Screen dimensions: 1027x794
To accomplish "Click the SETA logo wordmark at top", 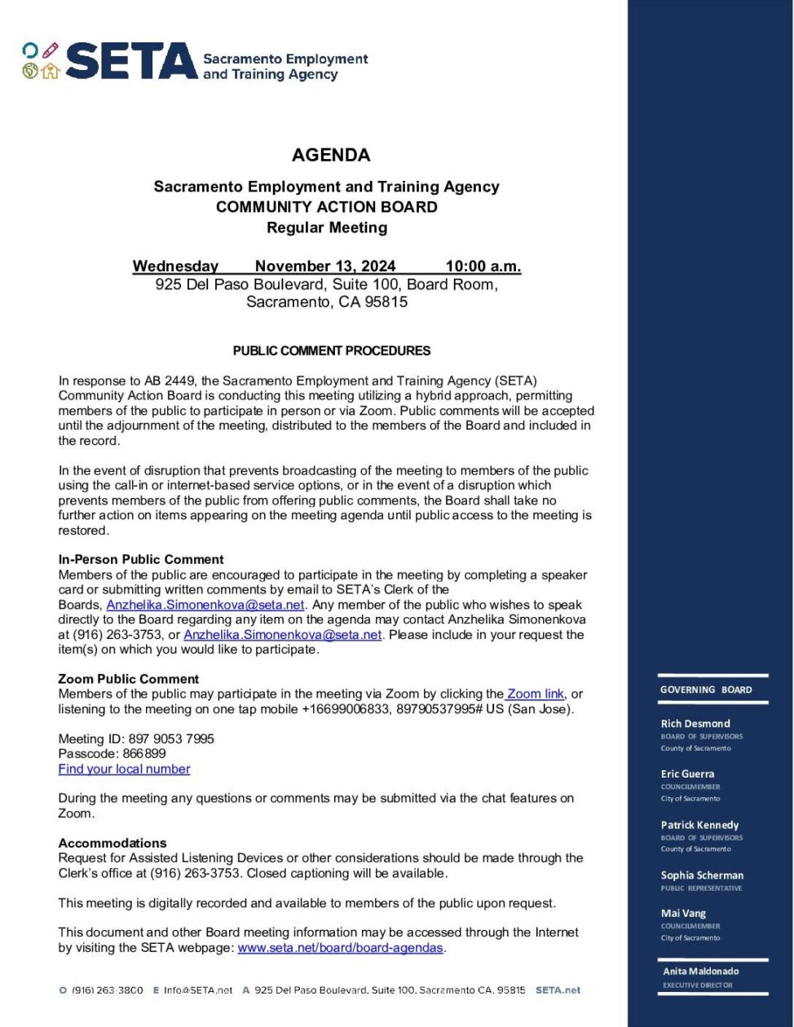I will pos(131,62).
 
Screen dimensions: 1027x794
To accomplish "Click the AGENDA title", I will pos(331,155).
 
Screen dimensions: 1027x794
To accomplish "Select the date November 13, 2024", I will pos(325,266).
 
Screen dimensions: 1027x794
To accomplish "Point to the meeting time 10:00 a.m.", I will pos(483,266).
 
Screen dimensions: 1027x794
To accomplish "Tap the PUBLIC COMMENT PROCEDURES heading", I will pos(332,351).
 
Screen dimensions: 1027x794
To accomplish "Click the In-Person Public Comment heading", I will pos(141,559).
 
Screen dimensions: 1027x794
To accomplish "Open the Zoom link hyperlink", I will pos(535,694).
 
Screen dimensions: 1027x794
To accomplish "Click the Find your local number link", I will pos(124,769).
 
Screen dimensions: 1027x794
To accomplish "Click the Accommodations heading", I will pos(112,843).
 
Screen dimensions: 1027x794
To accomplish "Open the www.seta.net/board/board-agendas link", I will pos(340,948).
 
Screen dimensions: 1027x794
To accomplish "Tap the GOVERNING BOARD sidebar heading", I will pos(706,690).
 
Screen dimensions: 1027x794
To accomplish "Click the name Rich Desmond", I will pos(695,723).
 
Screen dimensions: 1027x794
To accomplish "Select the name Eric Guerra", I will pos(687,774).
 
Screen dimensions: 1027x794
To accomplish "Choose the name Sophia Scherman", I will pos(702,875).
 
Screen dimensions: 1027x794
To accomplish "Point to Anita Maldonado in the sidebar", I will pos(701,972).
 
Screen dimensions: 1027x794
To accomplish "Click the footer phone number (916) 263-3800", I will pos(108,990).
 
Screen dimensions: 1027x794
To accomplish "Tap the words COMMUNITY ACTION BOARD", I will pos(326,207).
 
